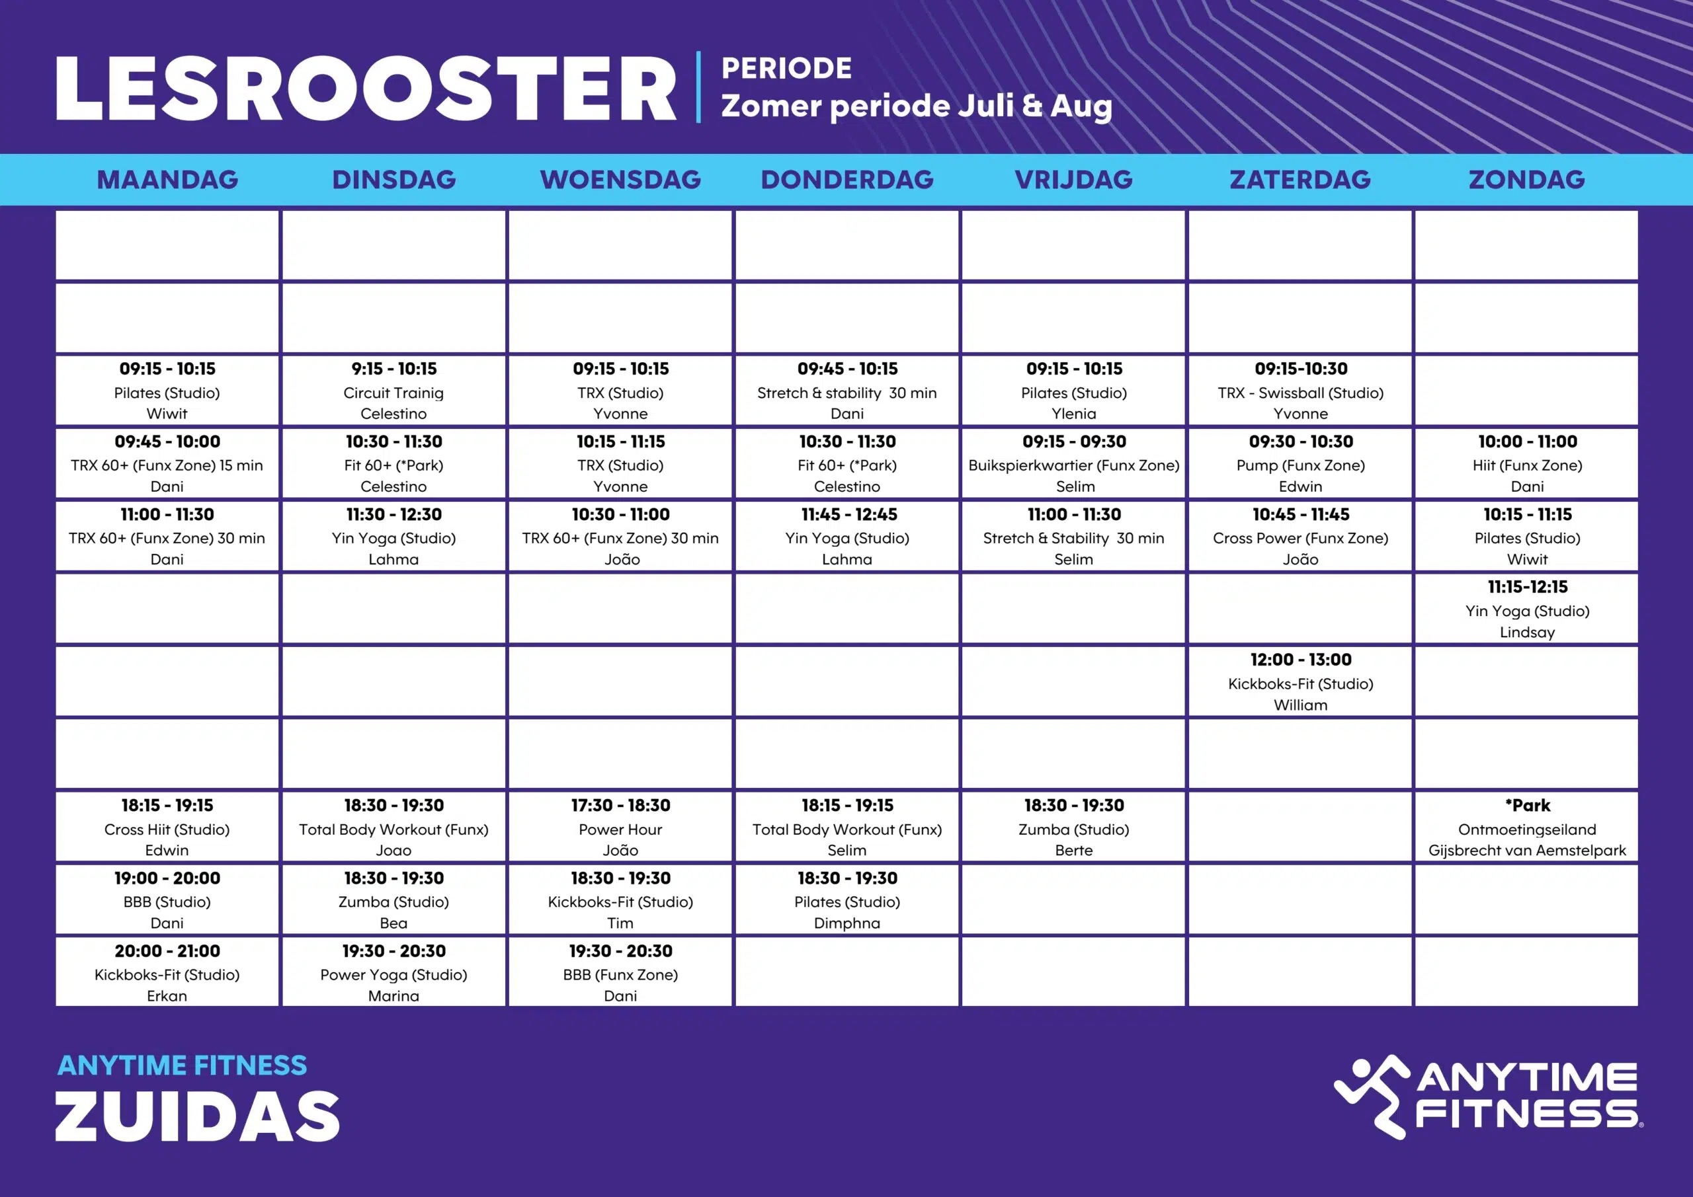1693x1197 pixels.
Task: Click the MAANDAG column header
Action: [x=167, y=180]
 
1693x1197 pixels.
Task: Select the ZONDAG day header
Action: [x=1526, y=180]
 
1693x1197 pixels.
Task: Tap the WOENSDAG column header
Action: [x=620, y=180]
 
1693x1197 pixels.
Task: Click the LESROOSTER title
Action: [x=366, y=89]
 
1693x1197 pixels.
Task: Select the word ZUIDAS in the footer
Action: [x=198, y=1116]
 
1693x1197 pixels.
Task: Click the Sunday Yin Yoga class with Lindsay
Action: [x=1526, y=609]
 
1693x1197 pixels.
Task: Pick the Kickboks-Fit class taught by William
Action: [x=1300, y=682]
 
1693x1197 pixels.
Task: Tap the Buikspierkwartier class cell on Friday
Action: [x=1073, y=463]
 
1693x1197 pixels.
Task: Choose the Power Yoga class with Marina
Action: [x=393, y=972]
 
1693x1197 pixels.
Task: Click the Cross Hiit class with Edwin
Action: [x=167, y=827]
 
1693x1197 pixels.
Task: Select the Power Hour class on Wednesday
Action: [x=620, y=827]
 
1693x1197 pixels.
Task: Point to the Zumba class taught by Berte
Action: [x=1073, y=827]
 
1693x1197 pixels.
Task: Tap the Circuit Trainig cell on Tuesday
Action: [x=393, y=391]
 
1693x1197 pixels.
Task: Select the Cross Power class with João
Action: [x=1300, y=537]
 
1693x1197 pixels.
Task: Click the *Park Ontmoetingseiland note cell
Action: [x=1526, y=827]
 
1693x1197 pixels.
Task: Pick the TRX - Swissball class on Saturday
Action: [x=1300, y=391]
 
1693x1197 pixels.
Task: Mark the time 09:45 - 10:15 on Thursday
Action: [x=847, y=369]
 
